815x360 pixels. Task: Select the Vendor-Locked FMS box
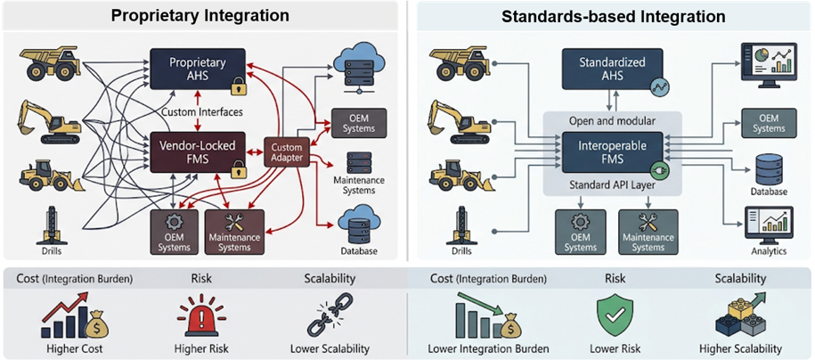click(x=198, y=151)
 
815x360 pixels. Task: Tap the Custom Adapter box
click(x=287, y=151)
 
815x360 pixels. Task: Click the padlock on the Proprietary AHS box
click(x=239, y=86)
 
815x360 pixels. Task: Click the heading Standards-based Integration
click(x=614, y=17)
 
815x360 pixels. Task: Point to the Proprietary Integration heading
click(x=200, y=15)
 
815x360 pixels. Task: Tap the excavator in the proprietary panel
click(x=49, y=122)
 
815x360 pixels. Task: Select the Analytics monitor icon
click(x=770, y=225)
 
